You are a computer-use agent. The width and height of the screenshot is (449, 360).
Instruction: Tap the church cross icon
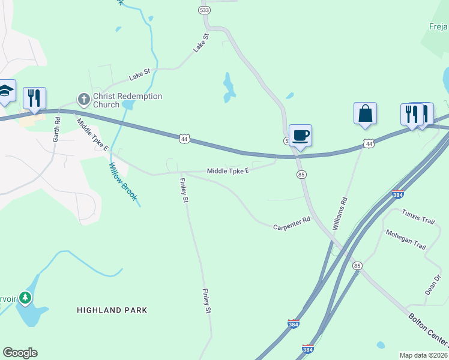click(83, 98)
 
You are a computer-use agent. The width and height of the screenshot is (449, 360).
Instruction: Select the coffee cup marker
click(300, 135)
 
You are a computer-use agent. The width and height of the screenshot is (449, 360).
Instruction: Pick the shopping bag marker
click(365, 113)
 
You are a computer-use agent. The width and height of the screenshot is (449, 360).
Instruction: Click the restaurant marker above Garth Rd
click(34, 98)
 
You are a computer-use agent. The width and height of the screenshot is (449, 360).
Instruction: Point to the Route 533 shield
click(204, 10)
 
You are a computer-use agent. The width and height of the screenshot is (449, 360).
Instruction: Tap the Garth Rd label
click(56, 128)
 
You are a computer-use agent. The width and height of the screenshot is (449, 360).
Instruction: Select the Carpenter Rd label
click(291, 223)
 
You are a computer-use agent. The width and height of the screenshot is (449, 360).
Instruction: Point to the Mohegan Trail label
click(406, 239)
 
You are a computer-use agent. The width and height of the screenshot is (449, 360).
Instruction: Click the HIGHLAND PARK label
click(112, 310)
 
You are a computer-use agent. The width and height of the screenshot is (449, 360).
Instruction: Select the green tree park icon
click(25, 297)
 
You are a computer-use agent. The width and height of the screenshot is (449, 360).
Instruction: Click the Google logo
click(20, 353)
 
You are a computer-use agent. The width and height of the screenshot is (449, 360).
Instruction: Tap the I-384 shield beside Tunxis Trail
click(397, 194)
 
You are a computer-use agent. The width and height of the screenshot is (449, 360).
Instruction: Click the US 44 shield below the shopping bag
click(368, 144)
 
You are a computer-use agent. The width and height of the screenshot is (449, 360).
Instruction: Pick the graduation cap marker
click(6, 91)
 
